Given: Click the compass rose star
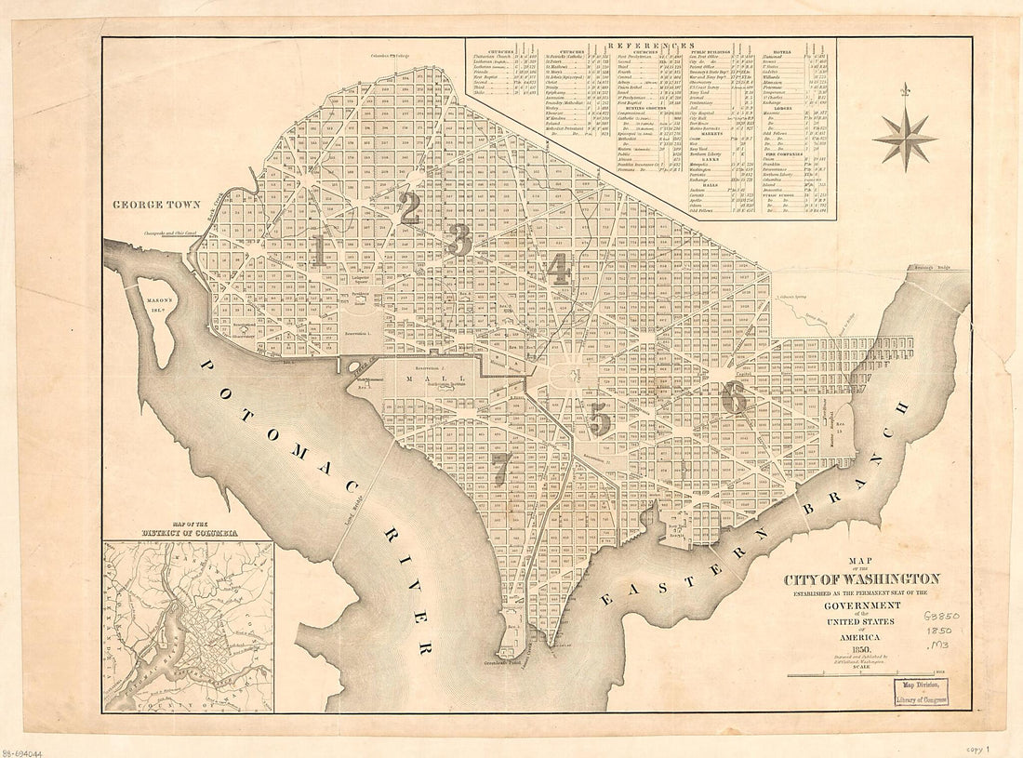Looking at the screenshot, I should click(904, 139).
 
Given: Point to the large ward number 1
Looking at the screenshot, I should click(319, 249).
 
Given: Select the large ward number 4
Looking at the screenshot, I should click(559, 268).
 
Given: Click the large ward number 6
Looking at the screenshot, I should click(734, 397).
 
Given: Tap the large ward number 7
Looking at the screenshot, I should click(500, 469).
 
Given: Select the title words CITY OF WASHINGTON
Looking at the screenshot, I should click(861, 578).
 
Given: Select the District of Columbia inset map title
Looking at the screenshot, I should click(189, 532).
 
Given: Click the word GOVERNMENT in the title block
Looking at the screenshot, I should click(861, 606).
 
